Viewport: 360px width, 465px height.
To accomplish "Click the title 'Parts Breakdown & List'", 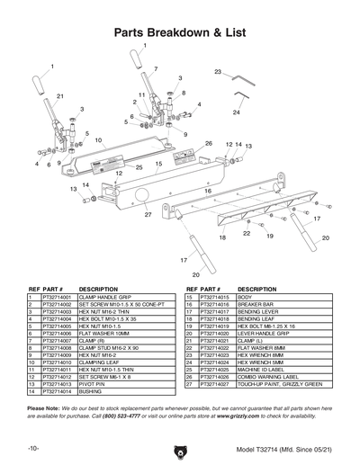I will pos(180,33).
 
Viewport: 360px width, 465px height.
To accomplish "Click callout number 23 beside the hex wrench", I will pos(218,71).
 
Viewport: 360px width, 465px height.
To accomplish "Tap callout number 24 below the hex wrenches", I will pos(236,113).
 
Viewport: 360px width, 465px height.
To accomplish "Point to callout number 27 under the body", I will pos(148,215).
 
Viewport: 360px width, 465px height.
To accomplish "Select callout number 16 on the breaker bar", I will pos(207,192).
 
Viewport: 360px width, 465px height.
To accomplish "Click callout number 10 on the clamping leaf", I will pos(98,140).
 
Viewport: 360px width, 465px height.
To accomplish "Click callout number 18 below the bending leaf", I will pos(221,237).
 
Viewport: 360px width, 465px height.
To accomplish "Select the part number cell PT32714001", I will pos(58,297).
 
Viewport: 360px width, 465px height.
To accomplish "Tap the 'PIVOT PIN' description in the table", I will pos(94,384).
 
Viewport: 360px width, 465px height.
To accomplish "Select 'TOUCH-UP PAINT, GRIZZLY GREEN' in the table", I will pos(280,384).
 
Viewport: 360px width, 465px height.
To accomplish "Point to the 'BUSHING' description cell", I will pos(91,391).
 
